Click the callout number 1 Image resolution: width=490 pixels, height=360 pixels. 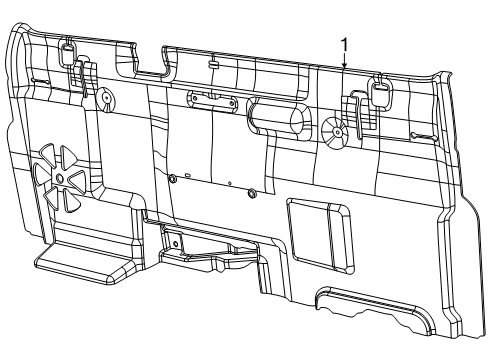pos(345,45)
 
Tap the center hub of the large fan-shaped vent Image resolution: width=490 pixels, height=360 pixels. pos(59,177)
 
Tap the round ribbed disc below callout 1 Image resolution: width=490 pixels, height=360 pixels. pos(335,128)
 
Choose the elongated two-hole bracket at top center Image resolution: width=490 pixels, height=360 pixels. pos(212,100)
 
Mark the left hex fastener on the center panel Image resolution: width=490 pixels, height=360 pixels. pos(173,178)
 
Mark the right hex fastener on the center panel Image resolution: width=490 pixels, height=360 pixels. pos(250,192)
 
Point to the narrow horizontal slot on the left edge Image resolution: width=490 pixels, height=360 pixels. pos(40,80)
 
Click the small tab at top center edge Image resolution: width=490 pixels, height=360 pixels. pos(214,62)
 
